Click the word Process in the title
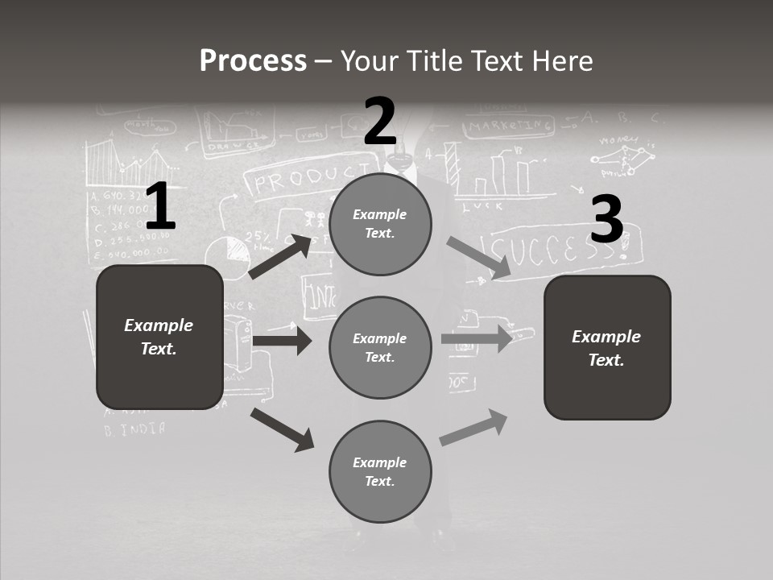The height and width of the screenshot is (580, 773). point(253,60)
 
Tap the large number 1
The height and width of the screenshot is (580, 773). point(159,207)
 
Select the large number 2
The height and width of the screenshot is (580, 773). point(380,122)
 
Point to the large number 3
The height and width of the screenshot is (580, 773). point(606,219)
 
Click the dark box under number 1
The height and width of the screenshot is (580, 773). point(159,336)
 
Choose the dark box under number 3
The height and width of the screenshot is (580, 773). point(607,347)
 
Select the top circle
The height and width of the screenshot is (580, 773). point(380,224)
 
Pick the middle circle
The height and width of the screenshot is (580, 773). point(380,347)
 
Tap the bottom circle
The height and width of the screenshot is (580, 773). point(380,471)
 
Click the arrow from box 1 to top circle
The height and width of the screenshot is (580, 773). point(280,257)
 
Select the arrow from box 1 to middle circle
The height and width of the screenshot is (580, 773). point(282,341)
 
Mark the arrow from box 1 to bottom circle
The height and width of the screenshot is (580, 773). point(282,429)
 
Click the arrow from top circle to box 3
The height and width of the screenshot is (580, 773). point(478,258)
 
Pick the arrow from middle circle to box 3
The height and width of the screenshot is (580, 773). point(477,338)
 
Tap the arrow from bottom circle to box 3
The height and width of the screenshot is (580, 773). point(473,428)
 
